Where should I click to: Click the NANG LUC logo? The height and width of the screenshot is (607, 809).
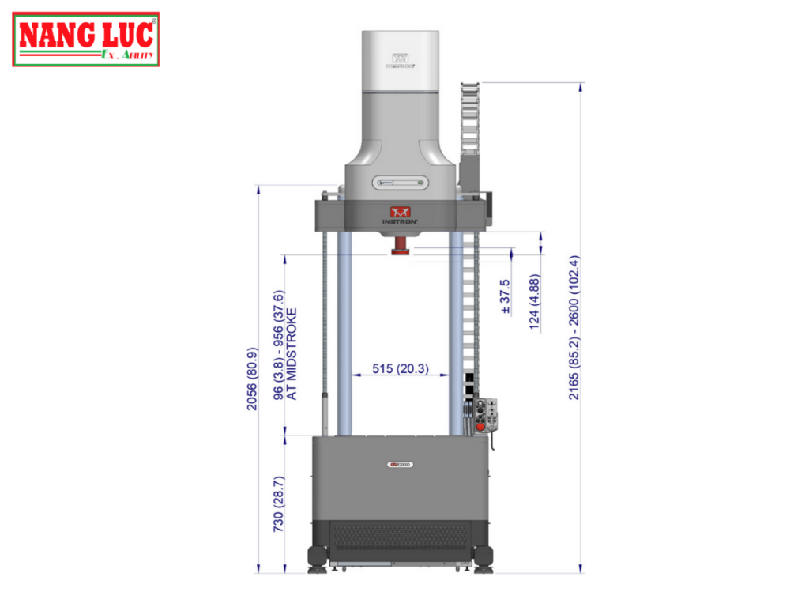pos(86,39)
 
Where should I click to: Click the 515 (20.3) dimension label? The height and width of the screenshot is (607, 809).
pos(401,368)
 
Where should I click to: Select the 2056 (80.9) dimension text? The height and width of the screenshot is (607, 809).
pos(252,380)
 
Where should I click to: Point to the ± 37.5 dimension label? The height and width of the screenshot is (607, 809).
pos(506,297)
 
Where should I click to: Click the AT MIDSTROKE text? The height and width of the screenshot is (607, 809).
pos(293,353)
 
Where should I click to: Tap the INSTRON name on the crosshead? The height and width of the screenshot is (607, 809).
pos(400,222)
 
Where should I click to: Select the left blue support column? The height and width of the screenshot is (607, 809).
pos(344,332)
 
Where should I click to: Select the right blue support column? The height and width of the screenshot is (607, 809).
pos(456,332)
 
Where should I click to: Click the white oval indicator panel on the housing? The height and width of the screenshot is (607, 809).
pos(400,181)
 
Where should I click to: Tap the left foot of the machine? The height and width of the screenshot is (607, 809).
pos(316,558)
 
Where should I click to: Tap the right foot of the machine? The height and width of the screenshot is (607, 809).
pos(484,558)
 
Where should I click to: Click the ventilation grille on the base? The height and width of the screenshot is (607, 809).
pos(400,537)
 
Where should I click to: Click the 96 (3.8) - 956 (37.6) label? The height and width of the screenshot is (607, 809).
pos(279,353)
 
